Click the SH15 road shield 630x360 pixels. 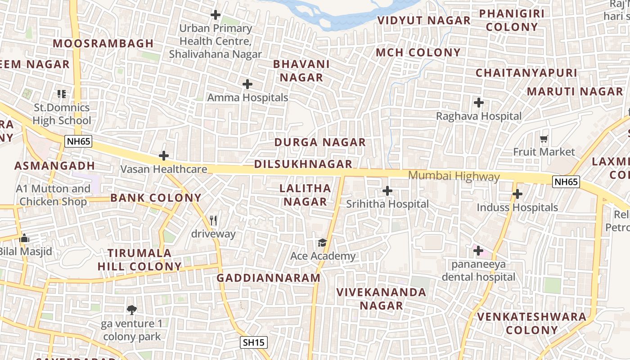(253, 342)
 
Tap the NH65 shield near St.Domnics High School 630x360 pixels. (78, 142)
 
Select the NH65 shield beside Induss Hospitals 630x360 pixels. (566, 182)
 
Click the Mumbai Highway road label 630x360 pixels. (454, 176)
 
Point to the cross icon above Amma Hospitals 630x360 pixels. (247, 84)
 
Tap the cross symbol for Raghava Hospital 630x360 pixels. (479, 103)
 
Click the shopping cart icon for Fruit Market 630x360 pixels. (544, 139)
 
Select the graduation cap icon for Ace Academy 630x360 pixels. (322, 243)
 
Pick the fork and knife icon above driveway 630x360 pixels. (213, 220)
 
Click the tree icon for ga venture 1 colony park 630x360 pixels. (131, 310)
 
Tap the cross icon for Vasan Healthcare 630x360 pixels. (164, 156)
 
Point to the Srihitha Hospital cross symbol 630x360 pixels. (387, 191)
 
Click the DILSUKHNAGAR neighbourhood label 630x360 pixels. (303, 164)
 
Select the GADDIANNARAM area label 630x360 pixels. (268, 278)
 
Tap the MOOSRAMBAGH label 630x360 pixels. (103, 44)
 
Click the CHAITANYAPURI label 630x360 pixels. (526, 73)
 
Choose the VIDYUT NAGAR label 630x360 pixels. (424, 21)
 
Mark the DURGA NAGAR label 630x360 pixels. (320, 143)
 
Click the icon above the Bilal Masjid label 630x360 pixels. (24, 238)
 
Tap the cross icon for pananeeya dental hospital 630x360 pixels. (478, 250)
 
